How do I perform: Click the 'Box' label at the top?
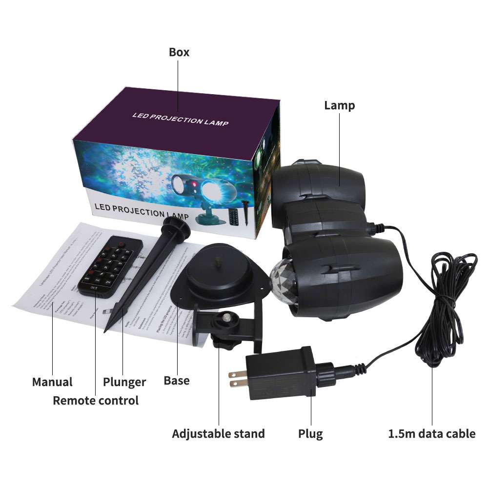pyautogui.click(x=179, y=52)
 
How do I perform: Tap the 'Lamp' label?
pyautogui.click(x=340, y=105)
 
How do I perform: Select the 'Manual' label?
pyautogui.click(x=52, y=382)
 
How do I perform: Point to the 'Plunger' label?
pyautogui.click(x=124, y=382)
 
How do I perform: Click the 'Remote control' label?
pyautogui.click(x=96, y=401)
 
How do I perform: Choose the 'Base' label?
pyautogui.click(x=177, y=380)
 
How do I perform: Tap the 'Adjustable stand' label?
pyautogui.click(x=218, y=433)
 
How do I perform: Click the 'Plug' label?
pyautogui.click(x=310, y=433)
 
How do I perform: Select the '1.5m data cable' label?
pyautogui.click(x=432, y=433)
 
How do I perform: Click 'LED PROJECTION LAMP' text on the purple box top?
pyautogui.click(x=180, y=119)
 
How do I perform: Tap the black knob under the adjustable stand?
pyautogui.click(x=222, y=343)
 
